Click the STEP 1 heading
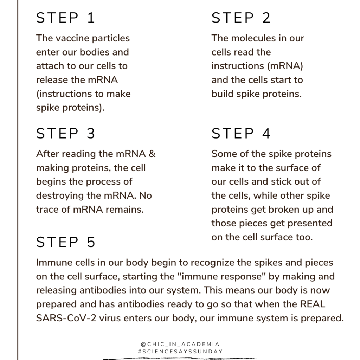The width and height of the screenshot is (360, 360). pyautogui.click(x=65, y=18)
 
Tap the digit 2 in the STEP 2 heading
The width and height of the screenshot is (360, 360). pyautogui.click(x=266, y=18)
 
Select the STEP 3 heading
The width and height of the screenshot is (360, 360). pyautogui.click(x=65, y=134)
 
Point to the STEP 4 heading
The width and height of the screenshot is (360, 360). pyautogui.click(x=241, y=134)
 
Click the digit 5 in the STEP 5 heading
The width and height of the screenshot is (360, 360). pyautogui.click(x=91, y=242)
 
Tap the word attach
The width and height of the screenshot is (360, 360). pyautogui.click(x=49, y=66)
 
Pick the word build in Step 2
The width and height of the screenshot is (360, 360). pyautogui.click(x=221, y=94)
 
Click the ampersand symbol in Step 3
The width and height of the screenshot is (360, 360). pyautogui.click(x=152, y=154)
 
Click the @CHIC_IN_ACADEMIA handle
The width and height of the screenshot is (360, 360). pyautogui.click(x=180, y=344)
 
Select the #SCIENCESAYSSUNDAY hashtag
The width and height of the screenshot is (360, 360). pyautogui.click(x=180, y=351)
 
